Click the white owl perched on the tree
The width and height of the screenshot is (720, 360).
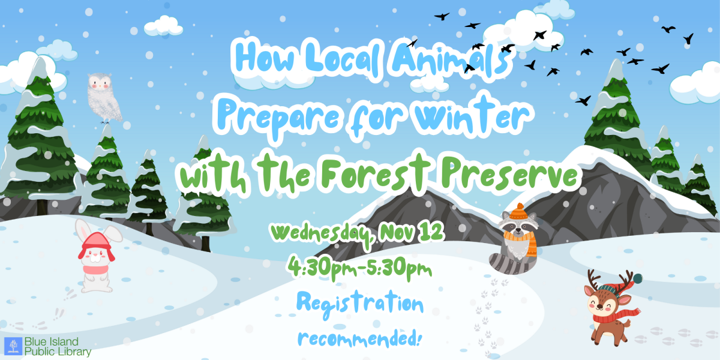104,98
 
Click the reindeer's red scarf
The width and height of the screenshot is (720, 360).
614,317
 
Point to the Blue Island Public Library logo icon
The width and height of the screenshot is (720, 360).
13,346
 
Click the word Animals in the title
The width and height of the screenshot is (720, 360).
449,59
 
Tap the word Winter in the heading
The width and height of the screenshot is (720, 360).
472,116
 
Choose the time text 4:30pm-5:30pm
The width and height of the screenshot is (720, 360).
359,268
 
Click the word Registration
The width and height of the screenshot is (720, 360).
360,304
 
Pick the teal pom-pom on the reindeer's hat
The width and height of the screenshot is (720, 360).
637,278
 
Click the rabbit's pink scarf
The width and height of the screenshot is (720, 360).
95,269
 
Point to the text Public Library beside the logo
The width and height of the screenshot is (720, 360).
58,352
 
